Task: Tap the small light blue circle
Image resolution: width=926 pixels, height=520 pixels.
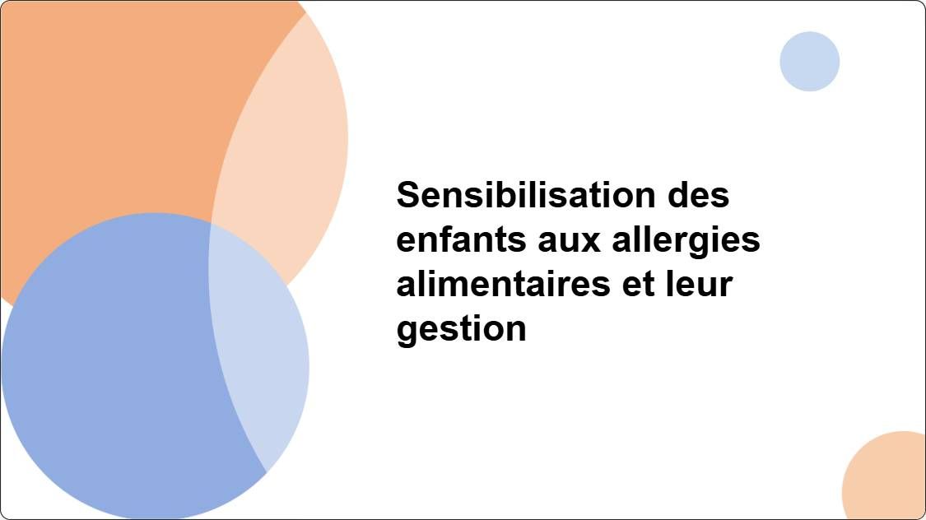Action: [x=809, y=62]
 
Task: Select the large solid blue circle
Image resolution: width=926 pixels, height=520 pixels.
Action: [x=115, y=370]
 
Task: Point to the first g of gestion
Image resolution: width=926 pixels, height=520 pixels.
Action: [x=407, y=332]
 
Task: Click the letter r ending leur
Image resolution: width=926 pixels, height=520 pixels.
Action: [x=725, y=286]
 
